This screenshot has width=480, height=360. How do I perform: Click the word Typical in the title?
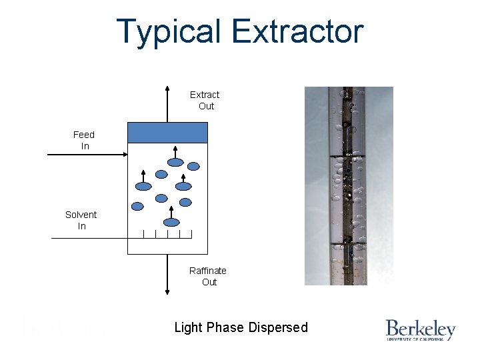(x=169, y=32)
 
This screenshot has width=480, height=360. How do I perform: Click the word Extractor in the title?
(x=298, y=32)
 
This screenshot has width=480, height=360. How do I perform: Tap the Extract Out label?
(x=205, y=100)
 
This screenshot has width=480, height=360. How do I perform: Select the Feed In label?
(x=84, y=140)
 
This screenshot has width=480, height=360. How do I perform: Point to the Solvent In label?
(x=81, y=220)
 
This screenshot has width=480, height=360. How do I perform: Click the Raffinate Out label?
(x=208, y=276)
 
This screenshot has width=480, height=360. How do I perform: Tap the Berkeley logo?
(x=420, y=330)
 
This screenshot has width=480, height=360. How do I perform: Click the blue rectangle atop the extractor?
(x=168, y=133)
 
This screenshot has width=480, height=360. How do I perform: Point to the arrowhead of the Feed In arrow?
(x=124, y=155)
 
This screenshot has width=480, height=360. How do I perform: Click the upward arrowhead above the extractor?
(x=167, y=89)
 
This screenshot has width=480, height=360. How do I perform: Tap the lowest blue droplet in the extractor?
(x=172, y=223)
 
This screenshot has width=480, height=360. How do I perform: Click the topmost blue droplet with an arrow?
(x=175, y=161)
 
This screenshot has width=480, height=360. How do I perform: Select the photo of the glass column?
(x=349, y=186)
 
